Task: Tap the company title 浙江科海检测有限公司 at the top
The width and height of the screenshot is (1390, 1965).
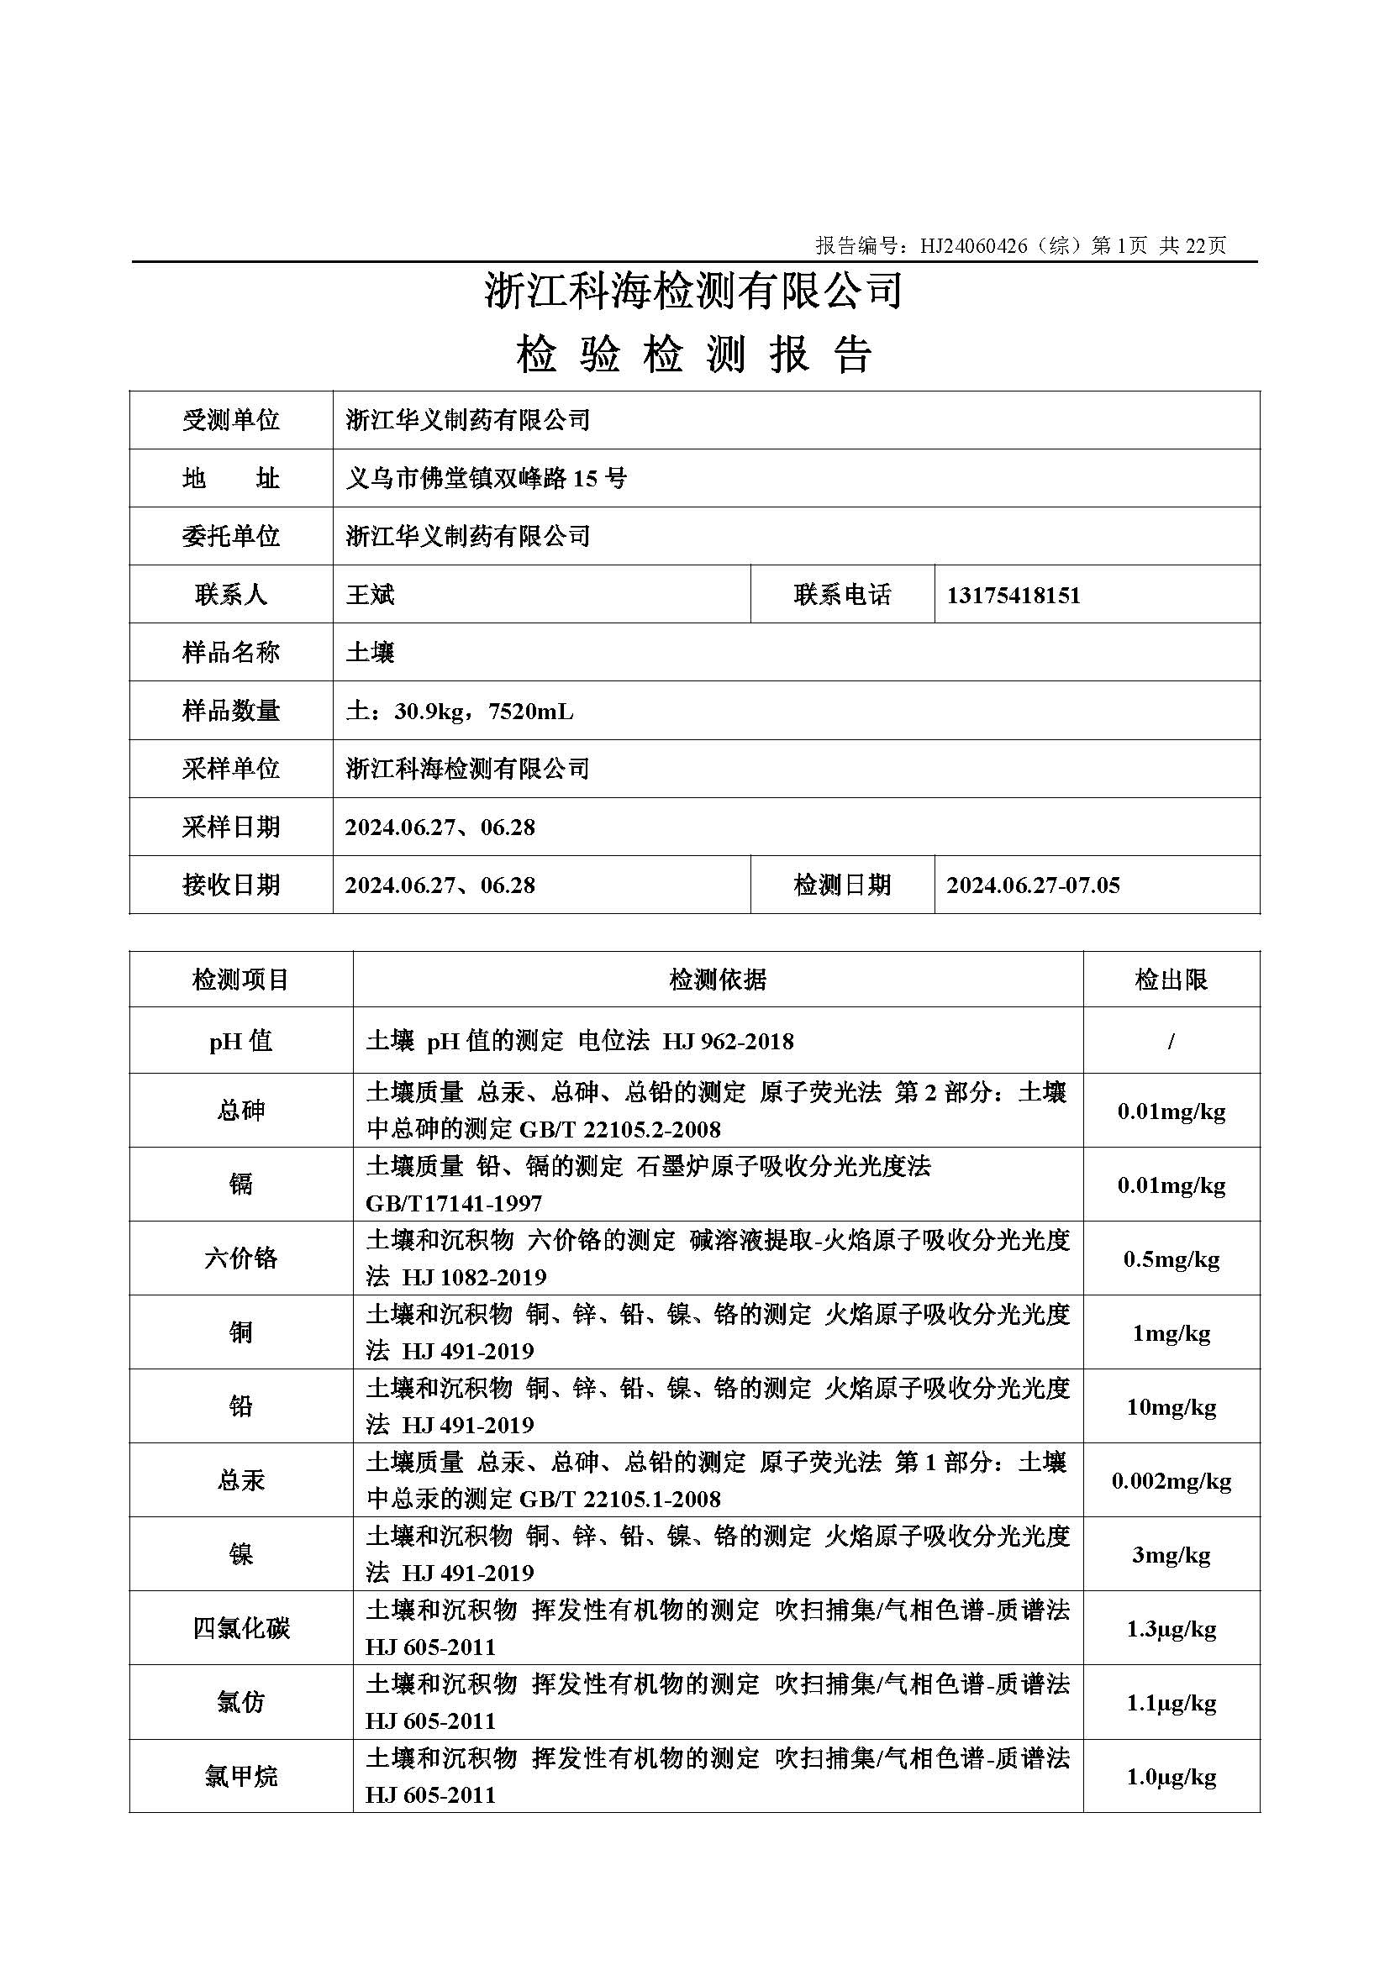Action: (693, 290)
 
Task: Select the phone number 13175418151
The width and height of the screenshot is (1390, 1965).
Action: (1014, 595)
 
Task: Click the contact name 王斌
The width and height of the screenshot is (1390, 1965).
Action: (370, 595)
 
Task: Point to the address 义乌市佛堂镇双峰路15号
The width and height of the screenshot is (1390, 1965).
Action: (486, 478)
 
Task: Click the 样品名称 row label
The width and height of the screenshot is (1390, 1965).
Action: (231, 653)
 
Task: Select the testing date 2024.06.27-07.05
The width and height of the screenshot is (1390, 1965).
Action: (1033, 885)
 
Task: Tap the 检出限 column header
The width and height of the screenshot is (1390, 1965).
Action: (1171, 980)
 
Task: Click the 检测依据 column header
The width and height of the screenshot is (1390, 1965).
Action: (717, 980)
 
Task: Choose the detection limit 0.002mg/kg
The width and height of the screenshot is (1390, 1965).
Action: (1171, 1481)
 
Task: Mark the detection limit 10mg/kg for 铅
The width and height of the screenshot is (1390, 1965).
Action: (1171, 1408)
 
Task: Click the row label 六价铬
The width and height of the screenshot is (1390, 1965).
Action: (240, 1258)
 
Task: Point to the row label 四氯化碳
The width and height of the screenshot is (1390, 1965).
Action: (240, 1629)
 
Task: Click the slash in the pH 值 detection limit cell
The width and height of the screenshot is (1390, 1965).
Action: (1171, 1042)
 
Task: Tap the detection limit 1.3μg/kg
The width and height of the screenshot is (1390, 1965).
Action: (1171, 1630)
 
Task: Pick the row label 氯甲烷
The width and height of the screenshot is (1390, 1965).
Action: (240, 1778)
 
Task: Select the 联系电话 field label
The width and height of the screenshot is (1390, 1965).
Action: (842, 595)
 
